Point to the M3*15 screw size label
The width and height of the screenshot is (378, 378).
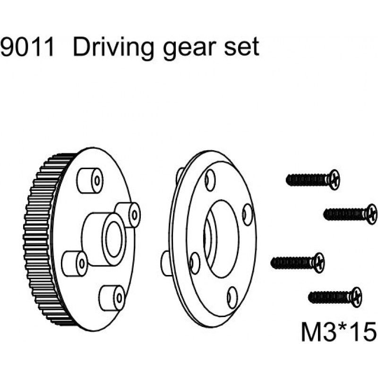pyautogui.click(x=337, y=330)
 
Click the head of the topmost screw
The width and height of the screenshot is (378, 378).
pyautogui.click(x=334, y=179)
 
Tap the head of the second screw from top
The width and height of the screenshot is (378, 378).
pyautogui.click(x=371, y=214)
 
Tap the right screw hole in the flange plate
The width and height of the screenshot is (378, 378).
pyautogui.click(x=247, y=215)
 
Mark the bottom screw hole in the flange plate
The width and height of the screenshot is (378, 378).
pyautogui.click(x=232, y=296)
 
